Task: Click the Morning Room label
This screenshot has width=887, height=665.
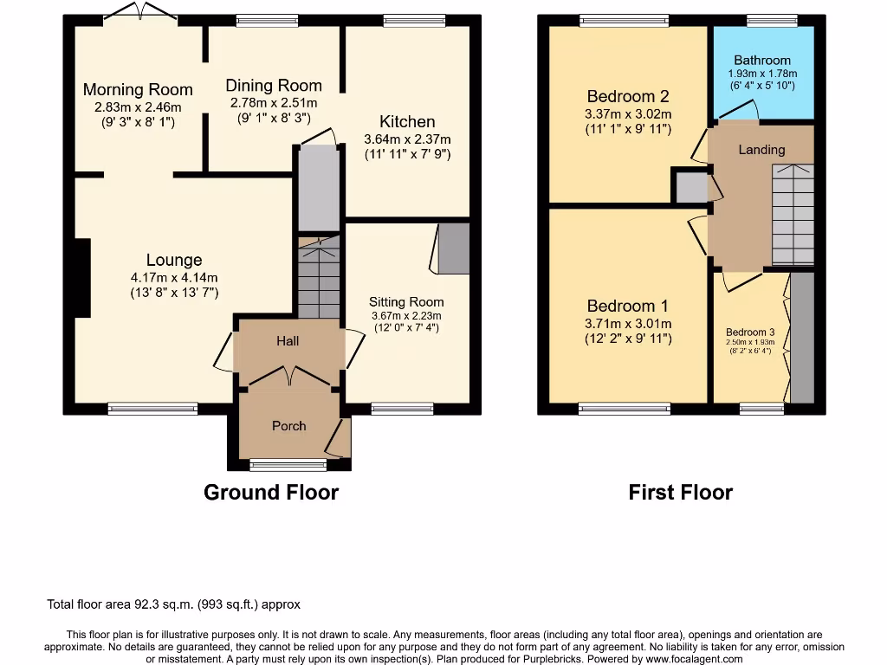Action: pyautogui.click(x=138, y=89)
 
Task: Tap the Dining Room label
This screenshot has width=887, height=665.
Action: pyautogui.click(x=274, y=86)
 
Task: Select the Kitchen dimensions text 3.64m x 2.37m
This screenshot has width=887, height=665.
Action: pyautogui.click(x=407, y=139)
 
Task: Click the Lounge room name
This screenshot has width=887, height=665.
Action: pyautogui.click(x=174, y=260)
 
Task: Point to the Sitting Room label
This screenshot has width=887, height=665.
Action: pyautogui.click(x=406, y=302)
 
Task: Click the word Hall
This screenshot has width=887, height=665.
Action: pyautogui.click(x=288, y=341)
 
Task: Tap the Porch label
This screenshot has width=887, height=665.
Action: pyautogui.click(x=288, y=425)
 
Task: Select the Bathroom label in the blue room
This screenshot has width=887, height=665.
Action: pyautogui.click(x=762, y=61)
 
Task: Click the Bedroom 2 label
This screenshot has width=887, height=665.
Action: pyautogui.click(x=628, y=96)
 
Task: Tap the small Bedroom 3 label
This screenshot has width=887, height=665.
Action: pyautogui.click(x=750, y=332)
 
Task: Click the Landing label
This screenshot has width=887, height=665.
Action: pyautogui.click(x=761, y=150)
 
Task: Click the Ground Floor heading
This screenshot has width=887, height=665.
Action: pyautogui.click(x=270, y=493)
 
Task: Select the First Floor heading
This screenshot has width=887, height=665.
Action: pyautogui.click(x=680, y=493)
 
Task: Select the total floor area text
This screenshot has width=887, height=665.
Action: pyautogui.click(x=172, y=605)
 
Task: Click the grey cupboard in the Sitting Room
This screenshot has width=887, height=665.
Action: pyautogui.click(x=453, y=249)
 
